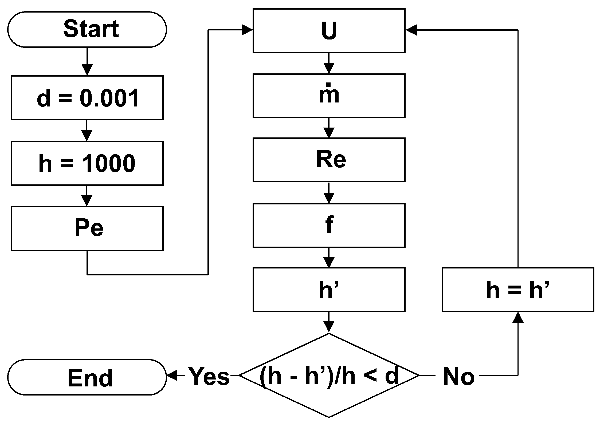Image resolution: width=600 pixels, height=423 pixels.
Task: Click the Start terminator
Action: pos(87,29)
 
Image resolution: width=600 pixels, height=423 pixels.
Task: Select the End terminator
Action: pos(87,377)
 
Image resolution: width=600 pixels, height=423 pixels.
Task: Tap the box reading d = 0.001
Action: pos(87,98)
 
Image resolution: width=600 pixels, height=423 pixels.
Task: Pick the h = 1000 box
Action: pos(87,163)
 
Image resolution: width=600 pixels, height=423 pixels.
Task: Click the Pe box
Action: pos(87,228)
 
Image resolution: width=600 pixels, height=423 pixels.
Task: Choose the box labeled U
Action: pos(329,30)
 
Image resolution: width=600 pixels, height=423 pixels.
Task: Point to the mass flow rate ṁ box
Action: pos(329,96)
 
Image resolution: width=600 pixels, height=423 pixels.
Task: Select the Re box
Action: pos(329,160)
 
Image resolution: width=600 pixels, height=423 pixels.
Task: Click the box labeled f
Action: pos(329,225)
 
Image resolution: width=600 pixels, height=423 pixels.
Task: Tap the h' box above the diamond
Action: pos(329,289)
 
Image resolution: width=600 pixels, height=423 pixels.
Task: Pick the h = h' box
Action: pos(518,289)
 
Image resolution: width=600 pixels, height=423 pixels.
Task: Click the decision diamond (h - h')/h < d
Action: pos(329,375)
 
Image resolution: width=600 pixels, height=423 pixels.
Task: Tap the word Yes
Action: pos(209,376)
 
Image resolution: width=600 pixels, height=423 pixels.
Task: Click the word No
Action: pos(459,377)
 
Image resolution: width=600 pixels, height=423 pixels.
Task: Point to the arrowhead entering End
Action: pos(172,375)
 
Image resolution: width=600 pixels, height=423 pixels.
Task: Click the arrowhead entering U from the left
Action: pos(247,30)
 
